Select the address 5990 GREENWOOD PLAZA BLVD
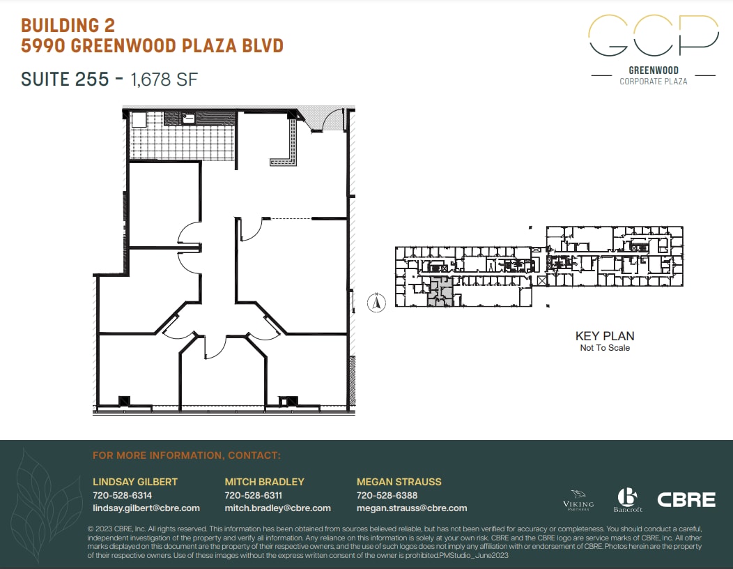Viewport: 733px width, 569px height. point(152,46)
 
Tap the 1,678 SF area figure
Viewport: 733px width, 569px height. point(164,79)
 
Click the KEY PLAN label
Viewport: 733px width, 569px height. point(604,336)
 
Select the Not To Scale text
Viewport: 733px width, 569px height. point(604,348)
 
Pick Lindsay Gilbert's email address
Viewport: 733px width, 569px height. point(146,508)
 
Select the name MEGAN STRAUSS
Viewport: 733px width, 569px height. point(399,482)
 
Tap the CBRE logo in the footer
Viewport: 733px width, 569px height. point(686,499)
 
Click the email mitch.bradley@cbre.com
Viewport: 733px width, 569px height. point(277,508)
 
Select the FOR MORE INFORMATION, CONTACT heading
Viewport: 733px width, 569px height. point(186,455)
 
